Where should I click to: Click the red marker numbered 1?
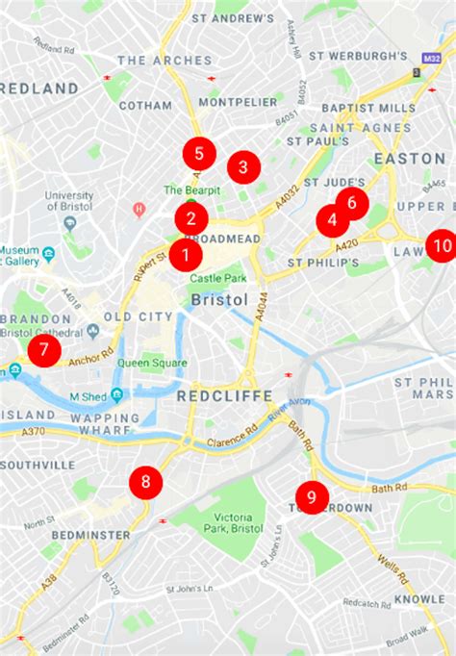point(185,255)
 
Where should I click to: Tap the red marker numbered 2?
point(191,218)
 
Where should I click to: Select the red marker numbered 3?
point(243,167)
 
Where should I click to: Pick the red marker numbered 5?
point(198,152)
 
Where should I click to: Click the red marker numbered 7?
point(43,350)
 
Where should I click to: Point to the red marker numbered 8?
point(146,482)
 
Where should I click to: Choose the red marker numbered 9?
point(312,496)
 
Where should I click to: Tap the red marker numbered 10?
point(442,245)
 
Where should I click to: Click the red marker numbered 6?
point(352,203)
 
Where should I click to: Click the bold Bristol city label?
point(219,300)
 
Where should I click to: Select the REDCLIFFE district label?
point(224,395)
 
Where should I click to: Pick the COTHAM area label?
point(145,105)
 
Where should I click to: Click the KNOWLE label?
point(419,598)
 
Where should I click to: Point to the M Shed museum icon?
point(116,395)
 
